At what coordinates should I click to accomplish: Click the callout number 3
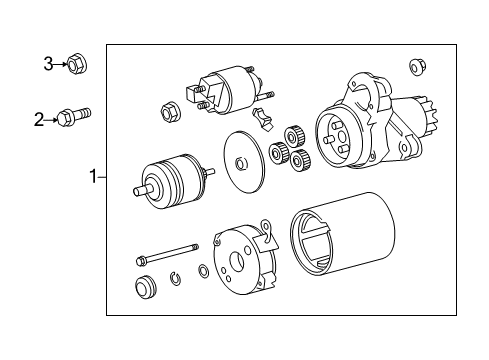[x=48, y=64]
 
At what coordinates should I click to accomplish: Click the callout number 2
[x=39, y=120]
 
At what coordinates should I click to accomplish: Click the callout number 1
[x=94, y=176]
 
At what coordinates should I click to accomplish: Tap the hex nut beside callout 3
[x=77, y=64]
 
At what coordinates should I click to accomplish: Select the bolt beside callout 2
[x=74, y=116]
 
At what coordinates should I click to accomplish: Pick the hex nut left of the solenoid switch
[x=171, y=111]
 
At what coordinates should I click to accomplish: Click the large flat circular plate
[x=244, y=162]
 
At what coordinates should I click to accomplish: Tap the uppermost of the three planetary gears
[x=295, y=136]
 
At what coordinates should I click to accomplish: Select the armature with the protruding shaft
[x=173, y=182]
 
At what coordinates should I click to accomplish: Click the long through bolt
[x=168, y=254]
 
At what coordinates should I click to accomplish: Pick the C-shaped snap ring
[x=176, y=278]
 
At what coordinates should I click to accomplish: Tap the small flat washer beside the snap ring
[x=203, y=271]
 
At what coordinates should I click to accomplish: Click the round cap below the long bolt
[x=146, y=287]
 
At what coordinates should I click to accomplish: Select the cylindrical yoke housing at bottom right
[x=343, y=234]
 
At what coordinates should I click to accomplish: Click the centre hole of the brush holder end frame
[x=238, y=261]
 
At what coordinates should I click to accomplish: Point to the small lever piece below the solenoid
[x=263, y=119]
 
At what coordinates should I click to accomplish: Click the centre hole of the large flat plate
[x=241, y=164]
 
